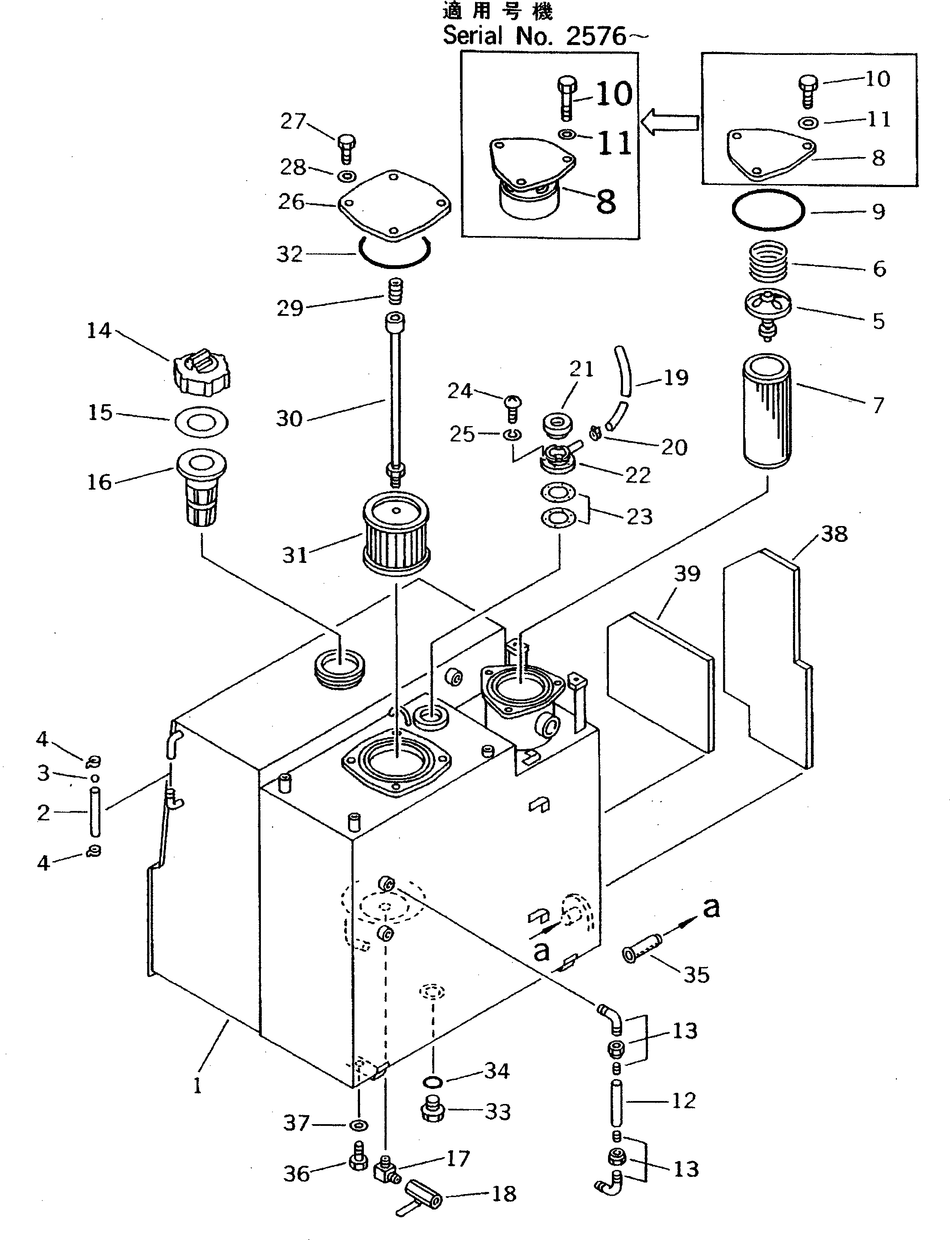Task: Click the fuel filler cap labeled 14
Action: point(201,373)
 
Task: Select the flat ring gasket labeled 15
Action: point(201,422)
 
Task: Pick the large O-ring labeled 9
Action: point(768,210)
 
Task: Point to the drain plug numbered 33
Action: point(433,1110)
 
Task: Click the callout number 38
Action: point(834,534)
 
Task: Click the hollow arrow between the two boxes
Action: point(671,123)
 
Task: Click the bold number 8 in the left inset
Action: point(605,201)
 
